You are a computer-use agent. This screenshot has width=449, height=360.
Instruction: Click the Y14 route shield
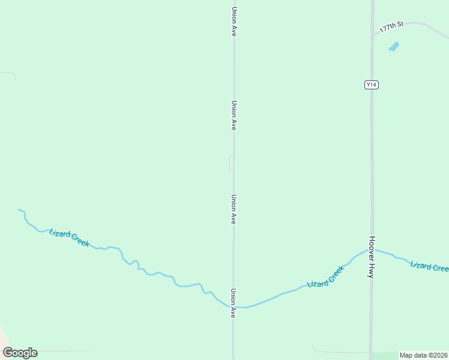coord(372,85)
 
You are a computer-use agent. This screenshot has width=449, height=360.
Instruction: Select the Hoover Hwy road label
coord(372,257)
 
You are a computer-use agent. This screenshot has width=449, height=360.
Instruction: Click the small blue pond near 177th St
coord(394,46)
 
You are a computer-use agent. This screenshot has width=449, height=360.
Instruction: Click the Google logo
coord(20,353)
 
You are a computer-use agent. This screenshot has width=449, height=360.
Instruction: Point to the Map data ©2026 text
coord(424,355)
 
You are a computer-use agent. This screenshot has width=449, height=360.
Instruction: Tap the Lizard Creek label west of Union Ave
coord(69,238)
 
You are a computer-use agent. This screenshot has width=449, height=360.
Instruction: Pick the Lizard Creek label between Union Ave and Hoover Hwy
coord(325,276)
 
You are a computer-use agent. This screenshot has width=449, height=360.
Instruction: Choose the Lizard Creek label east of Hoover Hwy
coord(429,266)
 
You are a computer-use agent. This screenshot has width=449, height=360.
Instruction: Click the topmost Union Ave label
coord(234,22)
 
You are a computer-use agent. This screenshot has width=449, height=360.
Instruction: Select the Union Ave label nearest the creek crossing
coord(234,302)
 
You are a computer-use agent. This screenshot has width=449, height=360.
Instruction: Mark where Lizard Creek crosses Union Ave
coord(234,307)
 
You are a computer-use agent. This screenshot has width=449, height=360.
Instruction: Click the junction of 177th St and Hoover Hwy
coord(372,34)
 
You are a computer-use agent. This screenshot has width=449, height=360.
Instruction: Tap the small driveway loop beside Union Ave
coord(231,163)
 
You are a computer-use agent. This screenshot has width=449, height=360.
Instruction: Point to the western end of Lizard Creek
coord(19,209)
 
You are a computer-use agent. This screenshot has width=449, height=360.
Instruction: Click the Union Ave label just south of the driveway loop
coord(234,209)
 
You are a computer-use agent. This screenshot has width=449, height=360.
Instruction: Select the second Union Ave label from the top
coord(234,115)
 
